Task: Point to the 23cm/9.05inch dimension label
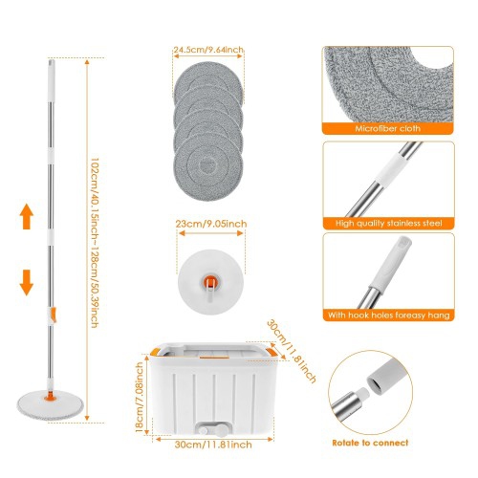(x=211, y=224)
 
